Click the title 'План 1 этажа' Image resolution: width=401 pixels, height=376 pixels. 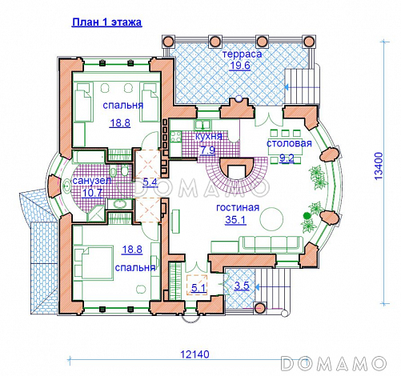coord(106,22)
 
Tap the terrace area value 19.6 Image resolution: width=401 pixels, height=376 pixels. coord(240,66)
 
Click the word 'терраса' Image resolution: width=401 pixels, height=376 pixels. coord(242,54)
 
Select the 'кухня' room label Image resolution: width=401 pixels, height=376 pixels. coord(209,136)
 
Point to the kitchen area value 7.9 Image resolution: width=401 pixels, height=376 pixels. coord(208,150)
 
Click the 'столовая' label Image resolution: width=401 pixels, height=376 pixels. coord(289,143)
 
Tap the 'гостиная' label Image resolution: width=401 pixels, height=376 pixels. coord(238,207)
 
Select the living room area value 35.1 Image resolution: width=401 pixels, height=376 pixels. coord(235,220)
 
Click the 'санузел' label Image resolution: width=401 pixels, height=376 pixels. coord(92,181)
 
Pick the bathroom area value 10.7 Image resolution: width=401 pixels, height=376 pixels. coord(92,193)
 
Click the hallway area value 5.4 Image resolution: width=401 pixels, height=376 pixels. coord(150,182)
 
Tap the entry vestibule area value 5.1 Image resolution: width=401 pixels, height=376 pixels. coord(199,288)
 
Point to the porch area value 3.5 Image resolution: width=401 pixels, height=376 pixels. coord(242,286)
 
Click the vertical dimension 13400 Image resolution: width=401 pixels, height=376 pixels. coord(379,166)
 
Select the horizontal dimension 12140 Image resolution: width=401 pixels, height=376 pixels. coord(195,354)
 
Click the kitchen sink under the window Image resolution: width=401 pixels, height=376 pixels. coord(203,125)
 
